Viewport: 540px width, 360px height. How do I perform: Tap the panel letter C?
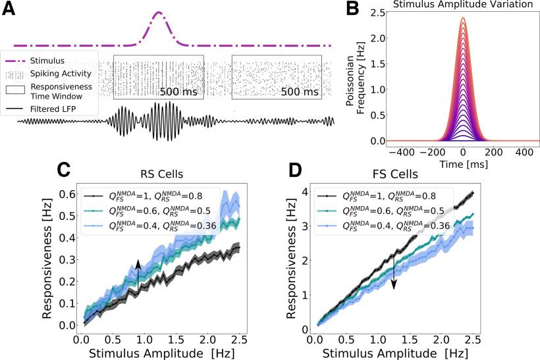coord(63,170)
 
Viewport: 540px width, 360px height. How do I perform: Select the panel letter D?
coord(298,170)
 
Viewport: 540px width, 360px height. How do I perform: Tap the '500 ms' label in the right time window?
coord(300,91)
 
